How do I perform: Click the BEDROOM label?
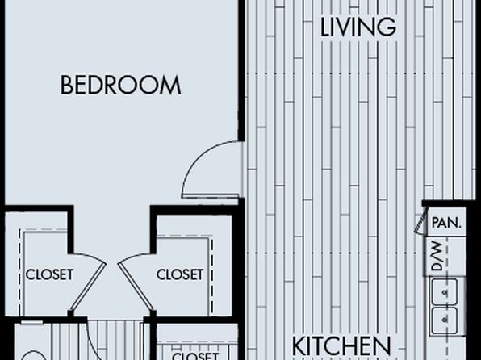point(120,85)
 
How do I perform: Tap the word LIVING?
point(358,27)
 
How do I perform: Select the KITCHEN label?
point(341,346)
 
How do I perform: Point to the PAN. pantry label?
point(446,223)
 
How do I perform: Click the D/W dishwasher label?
point(437,256)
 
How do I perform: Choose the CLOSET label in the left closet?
point(49,274)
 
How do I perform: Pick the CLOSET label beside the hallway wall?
point(180,274)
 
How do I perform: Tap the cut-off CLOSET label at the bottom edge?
point(195,356)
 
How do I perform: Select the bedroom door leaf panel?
point(211,196)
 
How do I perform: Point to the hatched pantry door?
point(421,220)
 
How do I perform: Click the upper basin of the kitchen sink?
point(444,292)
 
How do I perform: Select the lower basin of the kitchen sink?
point(444,320)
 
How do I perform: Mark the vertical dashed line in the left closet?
point(19,272)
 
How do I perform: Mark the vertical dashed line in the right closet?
point(212,276)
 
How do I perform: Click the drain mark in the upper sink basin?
point(444,292)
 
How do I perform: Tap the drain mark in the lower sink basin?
point(444,320)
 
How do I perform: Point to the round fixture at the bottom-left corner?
point(34,352)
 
